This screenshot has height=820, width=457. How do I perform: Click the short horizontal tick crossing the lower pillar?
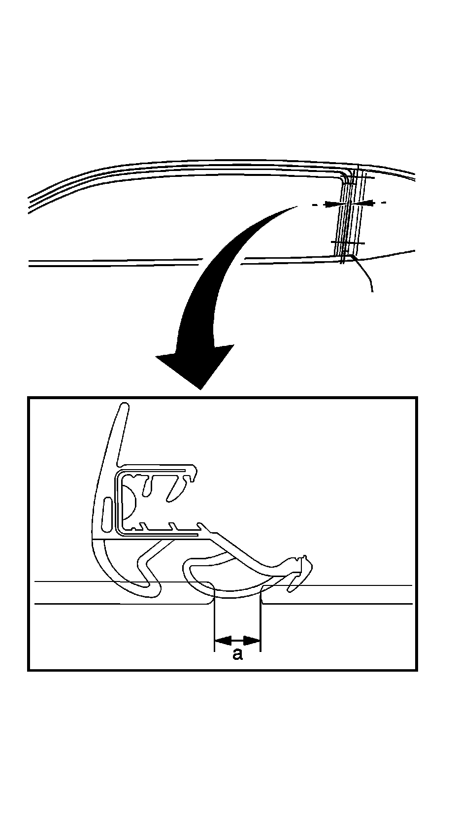(348, 243)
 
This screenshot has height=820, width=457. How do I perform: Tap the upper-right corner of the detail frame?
(417, 398)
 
